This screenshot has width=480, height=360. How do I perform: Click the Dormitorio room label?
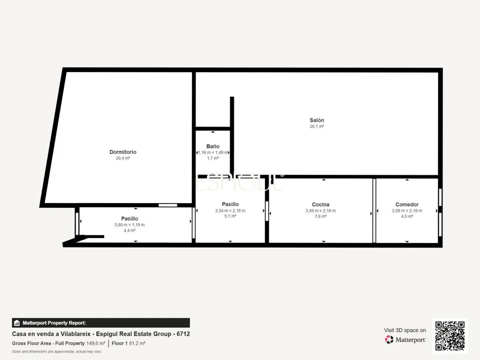123,152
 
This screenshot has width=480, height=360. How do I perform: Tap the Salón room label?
317,120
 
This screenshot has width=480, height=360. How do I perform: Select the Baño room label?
213,146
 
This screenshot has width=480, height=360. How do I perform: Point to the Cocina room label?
320,205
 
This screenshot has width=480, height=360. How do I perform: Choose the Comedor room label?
407,205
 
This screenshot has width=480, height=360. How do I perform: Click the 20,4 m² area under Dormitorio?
123,158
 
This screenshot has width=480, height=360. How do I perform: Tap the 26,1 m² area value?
317,126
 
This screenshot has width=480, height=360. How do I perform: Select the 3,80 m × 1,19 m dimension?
130,225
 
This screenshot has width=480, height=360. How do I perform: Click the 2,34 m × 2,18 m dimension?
230,211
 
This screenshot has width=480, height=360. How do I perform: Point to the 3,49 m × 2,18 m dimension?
320,211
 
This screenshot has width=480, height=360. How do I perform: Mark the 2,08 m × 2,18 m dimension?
407,211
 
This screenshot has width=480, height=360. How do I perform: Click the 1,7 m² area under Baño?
213,158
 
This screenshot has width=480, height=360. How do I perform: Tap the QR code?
450,336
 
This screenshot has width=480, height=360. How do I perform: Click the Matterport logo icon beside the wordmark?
389,339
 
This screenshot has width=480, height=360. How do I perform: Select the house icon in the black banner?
17,323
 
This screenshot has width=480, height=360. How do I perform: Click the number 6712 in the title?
183,334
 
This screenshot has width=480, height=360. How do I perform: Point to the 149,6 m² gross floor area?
96,343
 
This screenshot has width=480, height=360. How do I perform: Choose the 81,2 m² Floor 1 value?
137,343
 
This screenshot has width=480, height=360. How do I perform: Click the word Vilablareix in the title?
75,334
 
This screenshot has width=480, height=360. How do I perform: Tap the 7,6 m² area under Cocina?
320,216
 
